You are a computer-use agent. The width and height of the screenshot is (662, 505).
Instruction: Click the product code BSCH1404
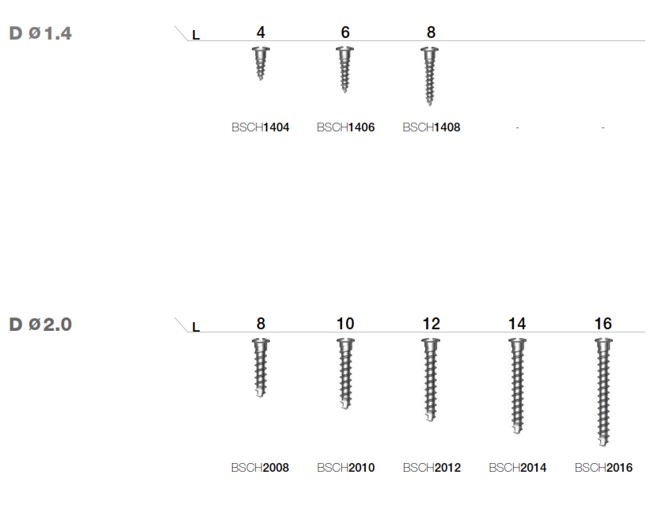[260, 127]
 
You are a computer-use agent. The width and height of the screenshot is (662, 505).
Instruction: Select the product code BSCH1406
[345, 127]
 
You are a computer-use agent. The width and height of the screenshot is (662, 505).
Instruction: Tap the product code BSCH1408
[431, 127]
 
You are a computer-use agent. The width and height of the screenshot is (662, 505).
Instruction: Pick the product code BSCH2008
[260, 468]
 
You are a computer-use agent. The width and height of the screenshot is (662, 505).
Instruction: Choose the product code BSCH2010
[345, 468]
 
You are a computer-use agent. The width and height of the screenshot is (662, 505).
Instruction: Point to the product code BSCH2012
[432, 468]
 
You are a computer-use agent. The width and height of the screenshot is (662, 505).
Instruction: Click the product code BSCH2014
[517, 468]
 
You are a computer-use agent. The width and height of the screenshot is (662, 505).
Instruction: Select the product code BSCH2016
[603, 468]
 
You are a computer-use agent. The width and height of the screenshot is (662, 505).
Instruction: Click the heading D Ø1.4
[40, 33]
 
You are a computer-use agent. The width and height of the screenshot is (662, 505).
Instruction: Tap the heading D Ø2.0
[40, 325]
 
